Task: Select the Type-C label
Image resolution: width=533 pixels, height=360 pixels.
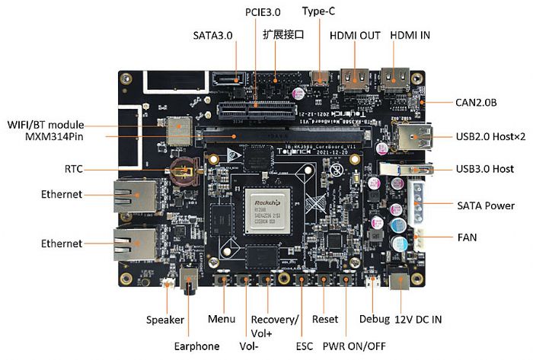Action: click(x=319, y=11)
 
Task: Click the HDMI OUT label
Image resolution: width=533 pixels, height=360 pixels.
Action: click(x=355, y=36)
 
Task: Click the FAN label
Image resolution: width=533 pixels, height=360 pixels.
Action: click(x=468, y=237)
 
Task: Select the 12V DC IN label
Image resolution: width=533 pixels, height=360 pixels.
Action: click(x=418, y=320)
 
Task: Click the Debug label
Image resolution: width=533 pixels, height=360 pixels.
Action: click(x=373, y=320)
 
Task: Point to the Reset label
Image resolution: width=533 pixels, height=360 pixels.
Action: click(x=325, y=320)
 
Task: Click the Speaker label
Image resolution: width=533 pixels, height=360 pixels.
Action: click(x=165, y=320)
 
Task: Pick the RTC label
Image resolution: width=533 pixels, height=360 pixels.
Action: click(x=74, y=169)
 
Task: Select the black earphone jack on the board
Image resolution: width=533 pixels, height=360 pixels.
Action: click(x=191, y=282)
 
